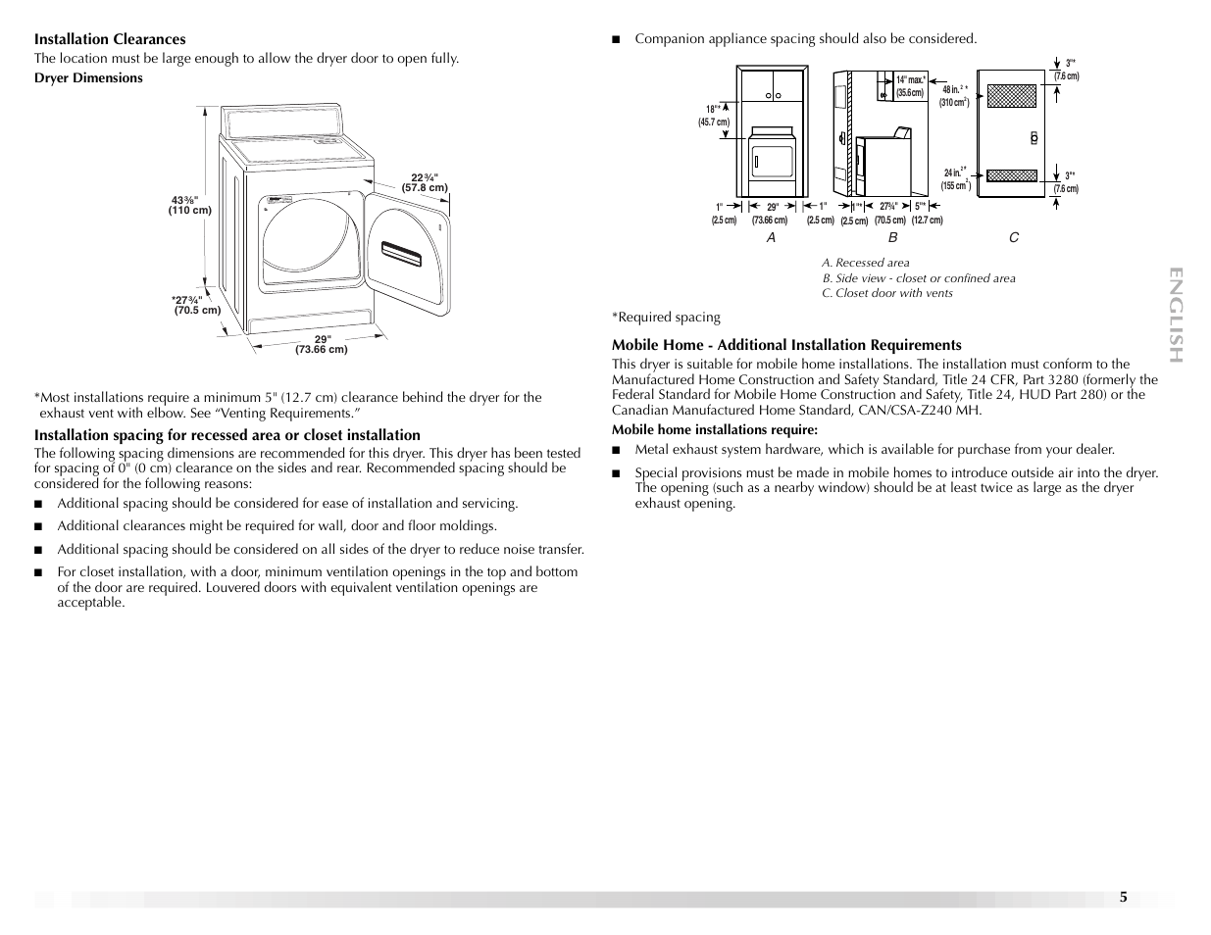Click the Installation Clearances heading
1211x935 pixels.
110,39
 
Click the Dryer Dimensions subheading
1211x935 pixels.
88,78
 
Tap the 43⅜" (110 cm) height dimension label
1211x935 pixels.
190,205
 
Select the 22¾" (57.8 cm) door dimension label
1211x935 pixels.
424,182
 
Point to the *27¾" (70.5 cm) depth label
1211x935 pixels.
195,305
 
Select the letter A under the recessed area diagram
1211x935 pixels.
771,237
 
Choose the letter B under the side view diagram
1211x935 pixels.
892,237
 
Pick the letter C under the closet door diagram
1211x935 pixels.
1014,237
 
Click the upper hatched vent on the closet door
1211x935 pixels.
1011,95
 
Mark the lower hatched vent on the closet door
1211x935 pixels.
1011,176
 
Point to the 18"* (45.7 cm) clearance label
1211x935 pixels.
714,116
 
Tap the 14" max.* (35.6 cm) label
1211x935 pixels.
910,86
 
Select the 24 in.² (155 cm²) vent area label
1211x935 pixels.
955,178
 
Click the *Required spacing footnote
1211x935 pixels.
666,317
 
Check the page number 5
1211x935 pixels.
1124,897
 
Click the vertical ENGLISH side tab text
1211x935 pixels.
1177,314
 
